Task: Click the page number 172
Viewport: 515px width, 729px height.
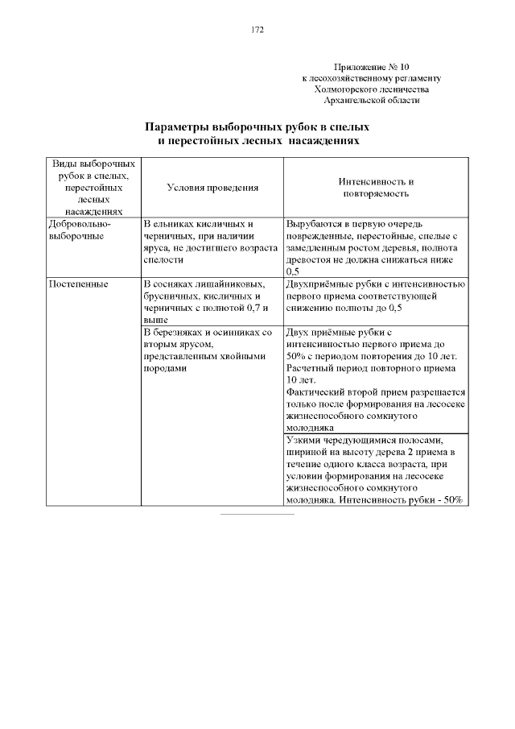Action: coord(257,30)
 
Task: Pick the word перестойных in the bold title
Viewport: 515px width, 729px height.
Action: coord(201,140)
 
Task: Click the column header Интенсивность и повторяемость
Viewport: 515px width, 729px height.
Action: coord(377,188)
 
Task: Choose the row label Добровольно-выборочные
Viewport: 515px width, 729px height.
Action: coord(80,230)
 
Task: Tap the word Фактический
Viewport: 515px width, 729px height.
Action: coord(315,392)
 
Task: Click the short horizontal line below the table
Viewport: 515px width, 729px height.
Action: coord(257,513)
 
